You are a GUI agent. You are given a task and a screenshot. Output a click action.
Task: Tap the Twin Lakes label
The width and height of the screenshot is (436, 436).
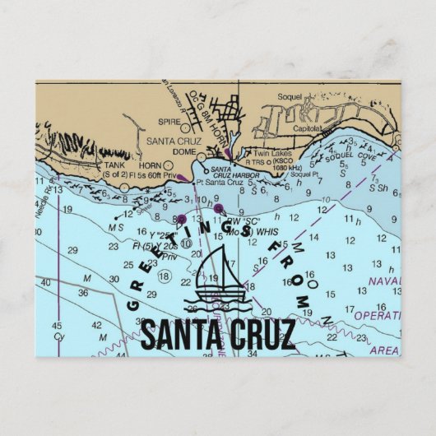[x=268, y=153]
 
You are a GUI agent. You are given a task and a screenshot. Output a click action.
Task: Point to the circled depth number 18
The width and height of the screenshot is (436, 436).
[x=165, y=276]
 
